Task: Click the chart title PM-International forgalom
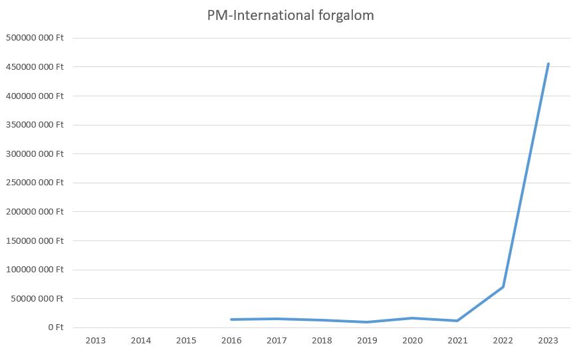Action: pos(290,16)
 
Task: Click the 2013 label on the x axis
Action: pos(95,341)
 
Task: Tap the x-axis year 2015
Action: pos(186,341)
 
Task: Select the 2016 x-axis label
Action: pos(231,341)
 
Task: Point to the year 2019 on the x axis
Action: pos(367,341)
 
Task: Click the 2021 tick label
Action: pos(457,341)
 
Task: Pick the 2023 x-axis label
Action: pos(548,341)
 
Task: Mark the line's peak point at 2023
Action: pos(548,64)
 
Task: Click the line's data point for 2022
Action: pos(503,287)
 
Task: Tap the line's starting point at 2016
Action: pos(231,319)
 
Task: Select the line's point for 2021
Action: pos(457,321)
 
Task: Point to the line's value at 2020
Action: pos(412,318)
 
